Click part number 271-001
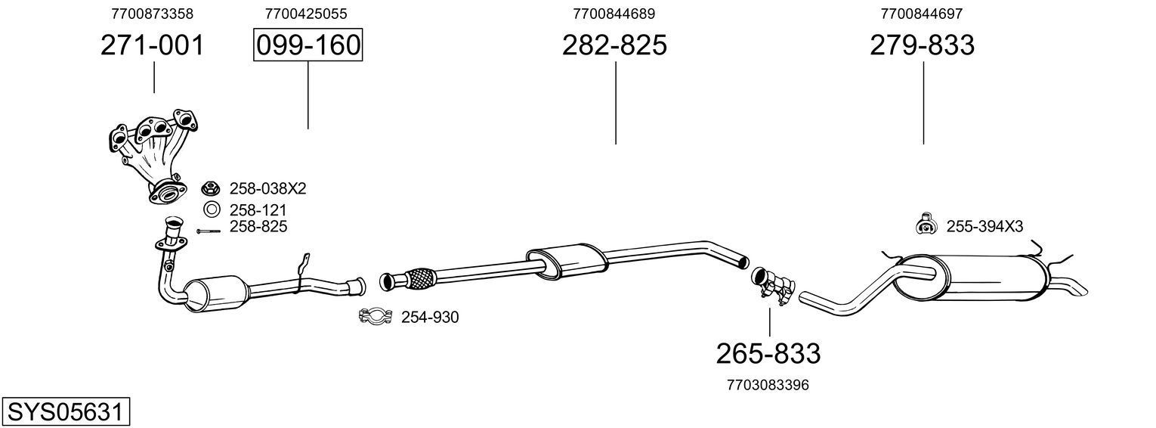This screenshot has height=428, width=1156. (153, 45)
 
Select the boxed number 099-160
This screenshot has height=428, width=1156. (308, 45)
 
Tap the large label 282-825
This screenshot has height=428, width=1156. (614, 45)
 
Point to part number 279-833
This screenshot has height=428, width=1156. (922, 45)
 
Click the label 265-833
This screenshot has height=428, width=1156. (768, 353)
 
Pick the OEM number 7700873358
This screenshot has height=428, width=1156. (152, 14)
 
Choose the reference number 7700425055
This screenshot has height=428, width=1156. (306, 14)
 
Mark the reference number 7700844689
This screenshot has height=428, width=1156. (614, 14)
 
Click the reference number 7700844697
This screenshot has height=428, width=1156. (921, 14)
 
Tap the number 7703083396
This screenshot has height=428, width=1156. (768, 385)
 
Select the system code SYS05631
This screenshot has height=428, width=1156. (65, 412)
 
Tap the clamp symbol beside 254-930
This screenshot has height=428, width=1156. (375, 317)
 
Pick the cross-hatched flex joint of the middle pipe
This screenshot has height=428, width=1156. (421, 278)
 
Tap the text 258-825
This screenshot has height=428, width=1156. (258, 226)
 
